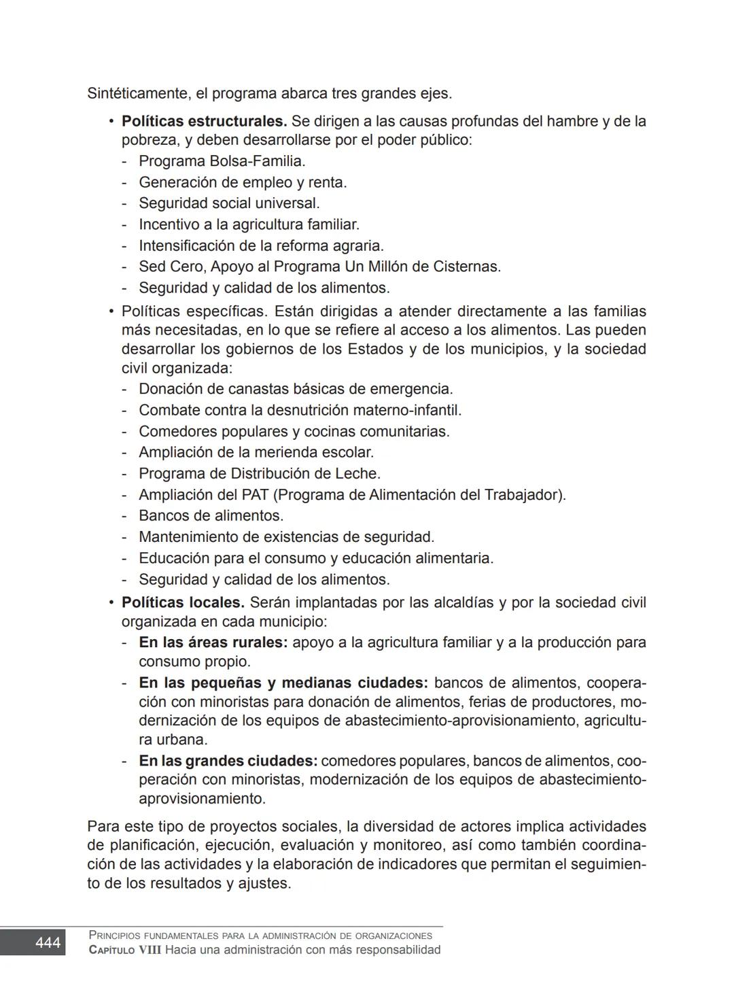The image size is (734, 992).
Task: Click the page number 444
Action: coord(47,942)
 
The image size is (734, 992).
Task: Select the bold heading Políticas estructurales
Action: coord(204,122)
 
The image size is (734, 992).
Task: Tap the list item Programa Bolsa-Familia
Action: coord(222,161)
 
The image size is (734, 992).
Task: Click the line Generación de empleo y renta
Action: coord(243,182)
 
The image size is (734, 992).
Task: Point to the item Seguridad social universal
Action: coord(229,203)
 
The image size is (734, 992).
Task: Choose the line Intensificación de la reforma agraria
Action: coord(261,245)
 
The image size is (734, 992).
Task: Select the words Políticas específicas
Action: coord(195,311)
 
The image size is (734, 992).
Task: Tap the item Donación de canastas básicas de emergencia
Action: coord(296,389)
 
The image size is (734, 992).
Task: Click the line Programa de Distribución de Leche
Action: coord(260,473)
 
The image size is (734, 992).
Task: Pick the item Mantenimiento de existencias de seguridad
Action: coord(286,537)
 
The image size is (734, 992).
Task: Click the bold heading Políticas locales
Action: coord(183,602)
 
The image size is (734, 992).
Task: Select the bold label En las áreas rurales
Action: coord(213,643)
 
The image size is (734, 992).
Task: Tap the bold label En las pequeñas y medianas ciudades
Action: coord(283,683)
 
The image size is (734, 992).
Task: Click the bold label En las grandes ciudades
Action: coord(228,761)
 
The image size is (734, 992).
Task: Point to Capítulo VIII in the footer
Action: coord(125,950)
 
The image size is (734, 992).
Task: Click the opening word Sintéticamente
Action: coord(137,94)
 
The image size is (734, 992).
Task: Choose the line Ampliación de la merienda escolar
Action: coord(256,452)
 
